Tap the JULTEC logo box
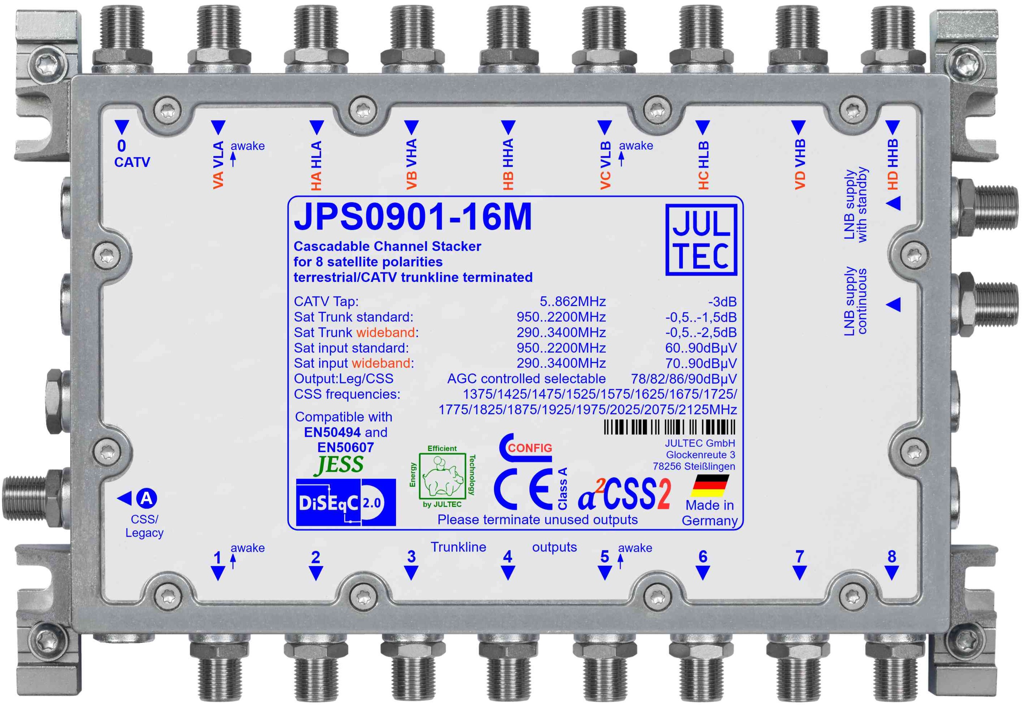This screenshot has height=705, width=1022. coord(701,240)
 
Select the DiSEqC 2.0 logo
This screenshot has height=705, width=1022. coord(346,502)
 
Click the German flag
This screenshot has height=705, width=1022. coord(710,486)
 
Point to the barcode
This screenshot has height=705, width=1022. coord(669,427)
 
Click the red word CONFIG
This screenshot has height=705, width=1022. coord(530,448)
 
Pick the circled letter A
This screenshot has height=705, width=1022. coord(146,498)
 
